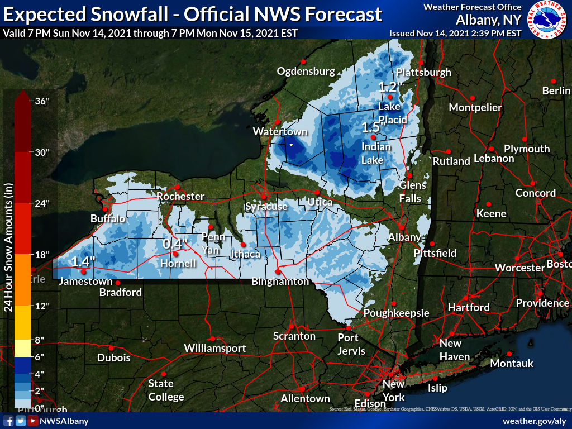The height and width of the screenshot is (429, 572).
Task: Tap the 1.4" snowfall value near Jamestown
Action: coord(83,261)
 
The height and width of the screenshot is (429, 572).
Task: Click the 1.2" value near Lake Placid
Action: coord(390,87)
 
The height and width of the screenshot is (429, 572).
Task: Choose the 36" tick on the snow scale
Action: coord(42,101)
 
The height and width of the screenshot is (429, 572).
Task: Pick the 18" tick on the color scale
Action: coord(42,255)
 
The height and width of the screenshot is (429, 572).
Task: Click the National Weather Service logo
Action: coord(547,20)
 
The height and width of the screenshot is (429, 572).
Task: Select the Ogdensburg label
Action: coord(306,71)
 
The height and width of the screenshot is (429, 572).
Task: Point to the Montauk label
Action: coord(512,364)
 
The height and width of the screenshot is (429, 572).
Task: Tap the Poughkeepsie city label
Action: coord(396,313)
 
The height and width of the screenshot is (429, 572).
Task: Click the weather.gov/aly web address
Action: coord(535,421)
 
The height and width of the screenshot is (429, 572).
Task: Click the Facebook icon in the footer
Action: coord(9,421)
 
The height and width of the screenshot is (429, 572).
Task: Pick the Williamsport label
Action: coord(215,349)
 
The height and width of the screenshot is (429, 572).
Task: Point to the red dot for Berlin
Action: coord(554,81)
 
